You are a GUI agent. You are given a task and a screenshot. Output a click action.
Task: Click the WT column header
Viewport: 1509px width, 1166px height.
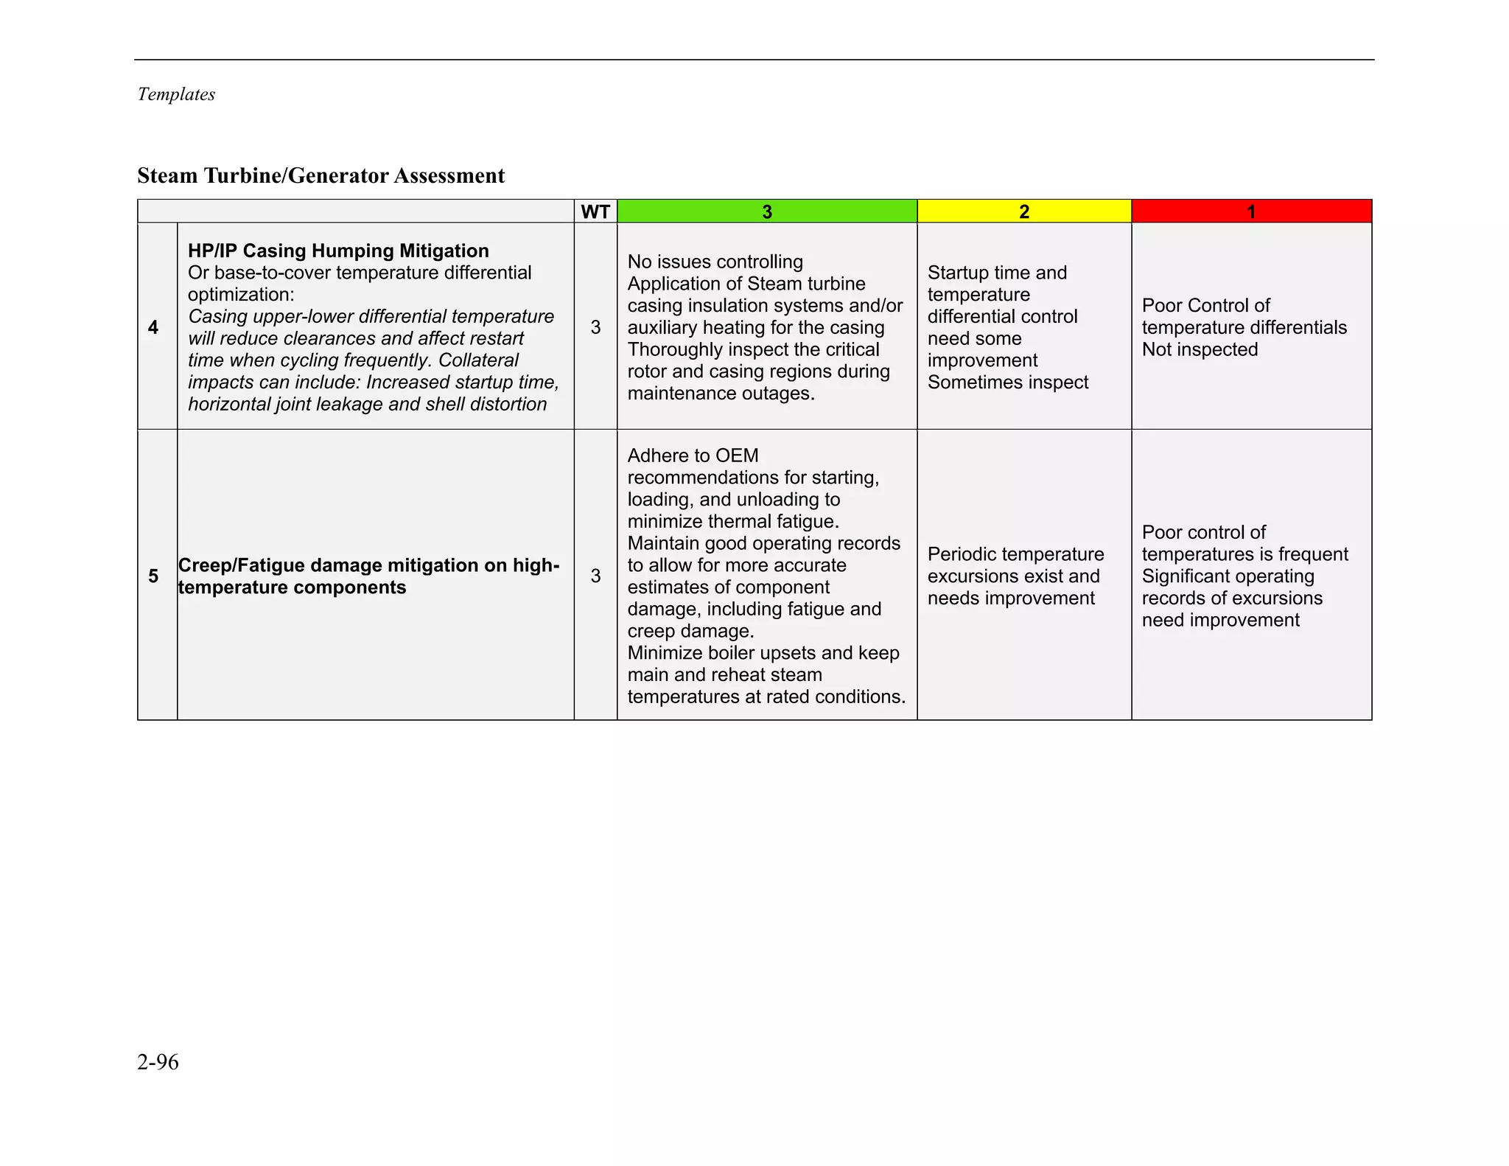pyautogui.click(x=595, y=212)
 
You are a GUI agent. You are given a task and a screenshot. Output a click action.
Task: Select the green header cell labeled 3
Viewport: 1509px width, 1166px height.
pyautogui.click(x=766, y=212)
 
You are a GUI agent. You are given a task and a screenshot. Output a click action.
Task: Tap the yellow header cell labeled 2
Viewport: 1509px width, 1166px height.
pyautogui.click(x=1023, y=212)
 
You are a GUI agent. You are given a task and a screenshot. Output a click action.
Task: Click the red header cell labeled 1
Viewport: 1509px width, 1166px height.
pyautogui.click(x=1250, y=212)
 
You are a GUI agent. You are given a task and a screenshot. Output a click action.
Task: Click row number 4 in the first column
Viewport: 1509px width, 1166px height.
pyautogui.click(x=153, y=327)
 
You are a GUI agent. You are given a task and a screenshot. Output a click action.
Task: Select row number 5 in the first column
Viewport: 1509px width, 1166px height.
pyautogui.click(x=153, y=576)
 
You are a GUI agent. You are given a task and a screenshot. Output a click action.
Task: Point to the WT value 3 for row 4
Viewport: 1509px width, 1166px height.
pyautogui.click(x=595, y=327)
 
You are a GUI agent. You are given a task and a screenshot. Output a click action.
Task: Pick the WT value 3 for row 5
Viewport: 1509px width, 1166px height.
pyautogui.click(x=595, y=576)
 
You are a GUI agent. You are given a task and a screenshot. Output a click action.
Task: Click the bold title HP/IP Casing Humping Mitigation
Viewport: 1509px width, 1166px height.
pyautogui.click(x=338, y=251)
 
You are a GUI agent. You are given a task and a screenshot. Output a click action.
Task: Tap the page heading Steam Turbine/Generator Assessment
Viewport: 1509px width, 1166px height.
pyautogui.click(x=321, y=175)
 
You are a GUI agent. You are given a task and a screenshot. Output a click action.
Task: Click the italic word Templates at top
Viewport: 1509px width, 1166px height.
pyautogui.click(x=176, y=94)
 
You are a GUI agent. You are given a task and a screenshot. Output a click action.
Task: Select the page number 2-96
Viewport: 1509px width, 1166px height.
pyautogui.click(x=158, y=1061)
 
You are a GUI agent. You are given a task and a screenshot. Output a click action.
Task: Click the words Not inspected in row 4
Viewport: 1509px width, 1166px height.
pyautogui.click(x=1200, y=349)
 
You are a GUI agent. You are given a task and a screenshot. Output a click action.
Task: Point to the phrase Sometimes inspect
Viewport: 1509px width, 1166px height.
pyautogui.click(x=1007, y=383)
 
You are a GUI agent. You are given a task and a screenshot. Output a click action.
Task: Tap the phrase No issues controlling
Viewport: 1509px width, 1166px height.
pyautogui.click(x=715, y=262)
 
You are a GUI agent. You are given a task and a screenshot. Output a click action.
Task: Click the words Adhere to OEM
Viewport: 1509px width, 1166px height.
pyautogui.click(x=693, y=455)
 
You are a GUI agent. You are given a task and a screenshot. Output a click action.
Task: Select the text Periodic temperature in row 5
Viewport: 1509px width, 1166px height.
pyautogui.click(x=1015, y=554)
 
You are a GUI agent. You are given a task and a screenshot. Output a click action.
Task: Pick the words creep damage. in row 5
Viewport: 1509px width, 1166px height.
pyautogui.click(x=690, y=631)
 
